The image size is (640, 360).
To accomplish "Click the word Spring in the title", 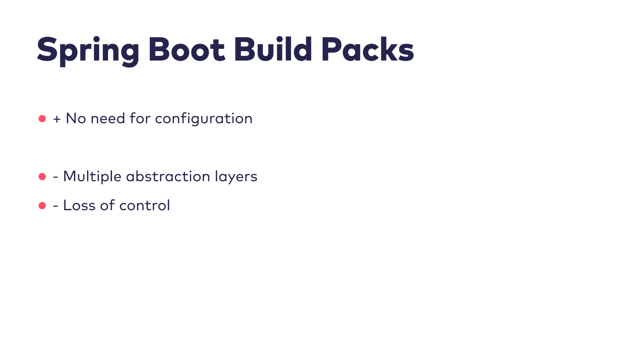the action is tap(88, 50).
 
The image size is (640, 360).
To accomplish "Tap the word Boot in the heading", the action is tap(187, 50).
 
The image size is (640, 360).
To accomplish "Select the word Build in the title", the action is tap(273, 50).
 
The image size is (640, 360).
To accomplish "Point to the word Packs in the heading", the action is tap(367, 50).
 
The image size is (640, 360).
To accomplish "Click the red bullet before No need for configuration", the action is tap(42, 119).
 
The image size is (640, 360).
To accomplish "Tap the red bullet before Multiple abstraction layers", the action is tap(42, 177).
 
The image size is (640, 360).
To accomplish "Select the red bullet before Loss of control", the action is tap(42, 206).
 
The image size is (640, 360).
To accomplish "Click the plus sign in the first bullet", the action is tap(57, 119).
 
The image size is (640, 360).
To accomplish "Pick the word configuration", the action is tap(204, 119).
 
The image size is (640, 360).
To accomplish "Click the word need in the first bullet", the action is tap(108, 118).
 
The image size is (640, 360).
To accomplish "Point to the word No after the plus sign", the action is tap(76, 118).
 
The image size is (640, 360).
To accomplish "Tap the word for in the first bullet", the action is tap(140, 118).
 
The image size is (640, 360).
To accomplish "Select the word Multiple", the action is tap(92, 177).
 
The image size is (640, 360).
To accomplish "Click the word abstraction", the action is tap(168, 176).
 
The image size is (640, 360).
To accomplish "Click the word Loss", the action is tap(79, 206).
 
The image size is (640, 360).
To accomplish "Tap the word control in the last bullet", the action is tap(144, 206).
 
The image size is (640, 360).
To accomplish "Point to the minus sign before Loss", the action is tap(56, 206).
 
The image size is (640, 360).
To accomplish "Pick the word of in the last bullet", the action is tap(108, 205).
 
